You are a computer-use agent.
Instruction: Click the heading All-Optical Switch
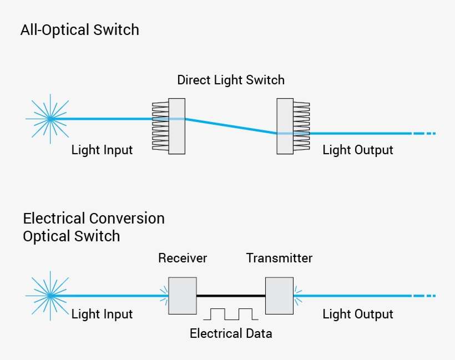tap(79, 30)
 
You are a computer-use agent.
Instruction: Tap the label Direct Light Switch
tap(230, 80)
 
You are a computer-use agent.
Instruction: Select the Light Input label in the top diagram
tap(102, 150)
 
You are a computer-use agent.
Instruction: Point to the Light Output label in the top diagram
tap(357, 150)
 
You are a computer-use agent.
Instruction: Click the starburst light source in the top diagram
tap(50, 118)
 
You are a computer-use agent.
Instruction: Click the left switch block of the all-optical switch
tap(176, 126)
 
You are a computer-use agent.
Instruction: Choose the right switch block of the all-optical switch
tap(285, 126)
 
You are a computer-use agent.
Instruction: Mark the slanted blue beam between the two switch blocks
tap(230, 126)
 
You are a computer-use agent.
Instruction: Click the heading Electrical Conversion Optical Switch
tap(93, 227)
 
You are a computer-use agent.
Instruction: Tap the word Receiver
tap(183, 258)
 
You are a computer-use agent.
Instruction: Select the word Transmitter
tap(279, 258)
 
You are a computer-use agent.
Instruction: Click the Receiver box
tap(183, 295)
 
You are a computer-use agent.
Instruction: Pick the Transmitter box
tap(279, 295)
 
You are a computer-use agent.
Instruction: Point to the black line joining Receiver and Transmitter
tap(231, 296)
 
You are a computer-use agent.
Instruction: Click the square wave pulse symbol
tap(231, 315)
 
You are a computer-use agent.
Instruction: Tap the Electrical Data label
tap(231, 333)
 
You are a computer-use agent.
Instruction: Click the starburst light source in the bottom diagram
tap(50, 296)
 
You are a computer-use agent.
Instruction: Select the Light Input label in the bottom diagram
tap(102, 314)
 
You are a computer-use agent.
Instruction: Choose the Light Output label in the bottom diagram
tap(357, 314)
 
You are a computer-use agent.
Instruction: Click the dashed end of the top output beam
tap(424, 134)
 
